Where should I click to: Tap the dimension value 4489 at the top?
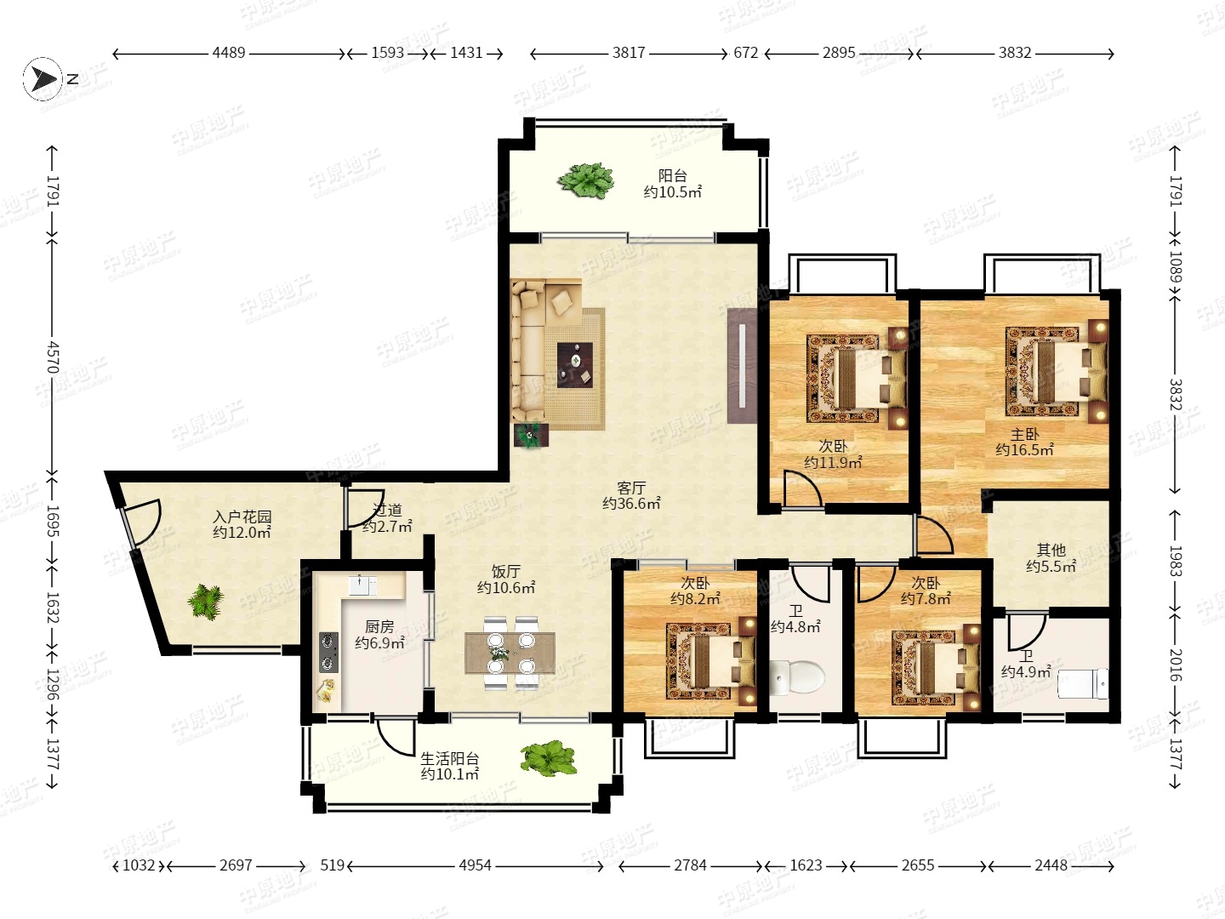229,53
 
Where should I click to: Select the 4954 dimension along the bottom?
475,865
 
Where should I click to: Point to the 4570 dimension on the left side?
53,357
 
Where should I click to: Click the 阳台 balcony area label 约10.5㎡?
673,192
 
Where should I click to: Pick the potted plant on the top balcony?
586,180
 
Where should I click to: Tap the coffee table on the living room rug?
575,364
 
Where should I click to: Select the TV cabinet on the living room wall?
743,366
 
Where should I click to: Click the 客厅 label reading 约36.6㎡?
631,503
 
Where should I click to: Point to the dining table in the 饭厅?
510,653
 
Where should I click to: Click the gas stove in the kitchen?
328,652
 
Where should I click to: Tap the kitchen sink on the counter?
362,585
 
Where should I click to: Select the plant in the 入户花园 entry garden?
206,602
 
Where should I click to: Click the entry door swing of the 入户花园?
143,522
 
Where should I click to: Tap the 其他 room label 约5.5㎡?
1051,567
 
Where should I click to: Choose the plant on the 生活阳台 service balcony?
549,758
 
